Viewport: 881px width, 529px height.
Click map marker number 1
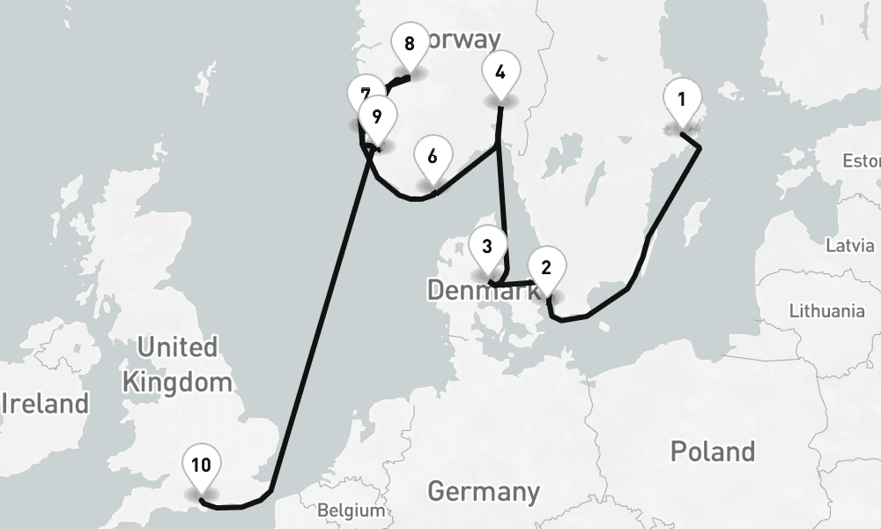681,100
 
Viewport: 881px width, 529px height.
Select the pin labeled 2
546,268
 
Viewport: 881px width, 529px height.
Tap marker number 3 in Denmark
487,249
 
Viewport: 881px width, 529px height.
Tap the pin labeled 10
202,466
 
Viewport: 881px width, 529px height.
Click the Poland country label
712,451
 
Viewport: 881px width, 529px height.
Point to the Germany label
484,491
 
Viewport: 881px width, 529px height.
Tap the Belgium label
352,510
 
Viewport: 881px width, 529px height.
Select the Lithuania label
826,310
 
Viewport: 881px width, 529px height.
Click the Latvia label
849,245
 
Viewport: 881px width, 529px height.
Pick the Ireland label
46,404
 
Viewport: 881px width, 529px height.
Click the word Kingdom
177,382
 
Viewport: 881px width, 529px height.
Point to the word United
177,346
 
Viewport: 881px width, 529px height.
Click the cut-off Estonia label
862,161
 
